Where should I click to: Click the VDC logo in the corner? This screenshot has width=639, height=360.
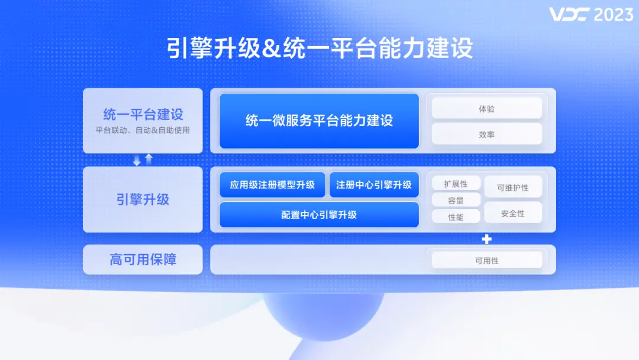(569, 14)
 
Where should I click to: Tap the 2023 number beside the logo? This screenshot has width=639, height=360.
(614, 14)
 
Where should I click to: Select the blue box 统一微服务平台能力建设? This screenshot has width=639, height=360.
(319, 121)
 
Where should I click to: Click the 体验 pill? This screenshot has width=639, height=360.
(486, 108)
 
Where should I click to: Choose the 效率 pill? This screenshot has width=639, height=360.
(486, 134)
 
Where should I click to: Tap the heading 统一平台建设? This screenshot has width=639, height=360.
(143, 114)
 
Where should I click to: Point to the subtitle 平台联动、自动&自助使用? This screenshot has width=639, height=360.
(143, 130)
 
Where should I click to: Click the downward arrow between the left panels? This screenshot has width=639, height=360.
(137, 160)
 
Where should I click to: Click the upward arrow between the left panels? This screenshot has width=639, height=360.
(149, 159)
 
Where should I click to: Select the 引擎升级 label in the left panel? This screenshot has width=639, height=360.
(143, 200)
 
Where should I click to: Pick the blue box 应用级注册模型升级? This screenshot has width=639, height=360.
(272, 185)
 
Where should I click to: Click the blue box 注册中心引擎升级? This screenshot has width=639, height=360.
(374, 185)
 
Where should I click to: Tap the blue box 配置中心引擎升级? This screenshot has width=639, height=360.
(319, 214)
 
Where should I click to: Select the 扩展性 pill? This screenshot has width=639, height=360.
(456, 184)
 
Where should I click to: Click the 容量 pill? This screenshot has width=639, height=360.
(456, 200)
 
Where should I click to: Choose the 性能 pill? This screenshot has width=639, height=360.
(456, 217)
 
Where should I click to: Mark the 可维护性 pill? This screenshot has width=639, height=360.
(512, 187)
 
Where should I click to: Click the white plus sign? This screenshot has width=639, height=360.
(487, 239)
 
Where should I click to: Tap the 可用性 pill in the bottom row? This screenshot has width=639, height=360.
(486, 261)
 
